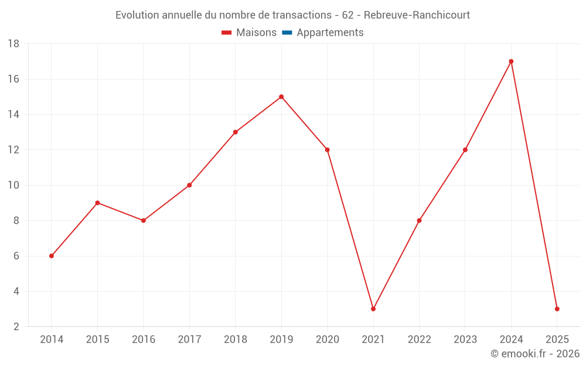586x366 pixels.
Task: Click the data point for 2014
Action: tap(52, 256)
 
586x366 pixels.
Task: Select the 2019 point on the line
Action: tap(281, 97)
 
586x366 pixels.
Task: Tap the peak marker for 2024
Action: tap(511, 61)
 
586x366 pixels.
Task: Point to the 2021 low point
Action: tap(373, 309)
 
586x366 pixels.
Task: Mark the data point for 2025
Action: tap(557, 309)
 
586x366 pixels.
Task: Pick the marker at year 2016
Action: tap(144, 221)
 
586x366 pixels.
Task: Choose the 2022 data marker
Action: tap(419, 221)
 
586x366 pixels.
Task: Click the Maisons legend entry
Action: tap(256, 33)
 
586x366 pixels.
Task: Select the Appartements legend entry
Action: tap(330, 33)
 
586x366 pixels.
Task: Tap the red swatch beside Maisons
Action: tap(227, 33)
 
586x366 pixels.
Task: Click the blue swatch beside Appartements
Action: tap(287, 33)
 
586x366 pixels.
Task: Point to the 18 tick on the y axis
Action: tap(13, 44)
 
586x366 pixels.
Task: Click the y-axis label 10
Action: tap(13, 186)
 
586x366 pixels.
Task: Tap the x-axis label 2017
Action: tap(189, 340)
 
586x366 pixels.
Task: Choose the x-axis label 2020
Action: tap(327, 340)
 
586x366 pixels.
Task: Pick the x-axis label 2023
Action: tap(465, 340)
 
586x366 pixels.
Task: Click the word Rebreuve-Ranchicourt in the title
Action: tap(417, 15)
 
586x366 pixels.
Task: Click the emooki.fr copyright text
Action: tap(535, 354)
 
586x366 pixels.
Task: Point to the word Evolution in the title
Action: tap(137, 15)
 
